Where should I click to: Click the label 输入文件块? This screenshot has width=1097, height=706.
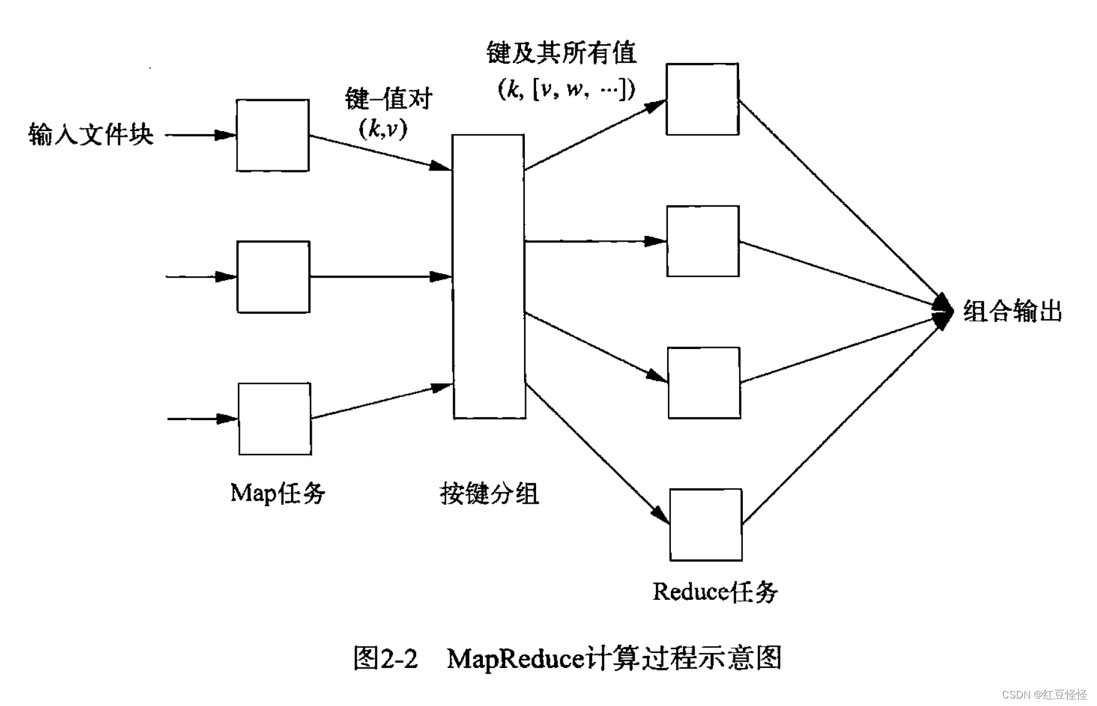91,134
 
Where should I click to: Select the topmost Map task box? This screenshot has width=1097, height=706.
272,135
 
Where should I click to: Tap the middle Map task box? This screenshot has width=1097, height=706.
273,277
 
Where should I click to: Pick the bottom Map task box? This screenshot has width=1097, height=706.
274,419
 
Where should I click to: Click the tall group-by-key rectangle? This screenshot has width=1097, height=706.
489,276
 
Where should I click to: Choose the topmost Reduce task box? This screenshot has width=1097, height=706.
702,99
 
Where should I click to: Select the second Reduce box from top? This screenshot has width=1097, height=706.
703,241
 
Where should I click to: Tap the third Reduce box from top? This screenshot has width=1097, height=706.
704,383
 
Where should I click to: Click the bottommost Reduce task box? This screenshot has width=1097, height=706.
706,525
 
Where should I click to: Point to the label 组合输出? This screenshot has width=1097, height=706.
1013,311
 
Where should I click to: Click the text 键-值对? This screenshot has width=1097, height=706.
389,99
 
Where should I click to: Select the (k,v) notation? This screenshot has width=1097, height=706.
383,129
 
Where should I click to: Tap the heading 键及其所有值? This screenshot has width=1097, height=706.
561,53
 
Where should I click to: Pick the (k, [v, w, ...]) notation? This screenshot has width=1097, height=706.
566,89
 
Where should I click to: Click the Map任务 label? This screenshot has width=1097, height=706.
278,493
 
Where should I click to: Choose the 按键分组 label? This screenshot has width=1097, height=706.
489,494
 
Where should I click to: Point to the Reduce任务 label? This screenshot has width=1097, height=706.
715,592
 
